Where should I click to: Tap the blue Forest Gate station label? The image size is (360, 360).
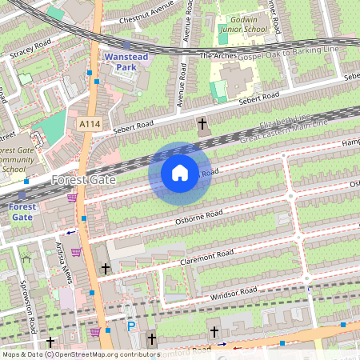[22, 211]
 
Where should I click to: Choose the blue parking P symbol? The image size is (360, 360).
[131, 326]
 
